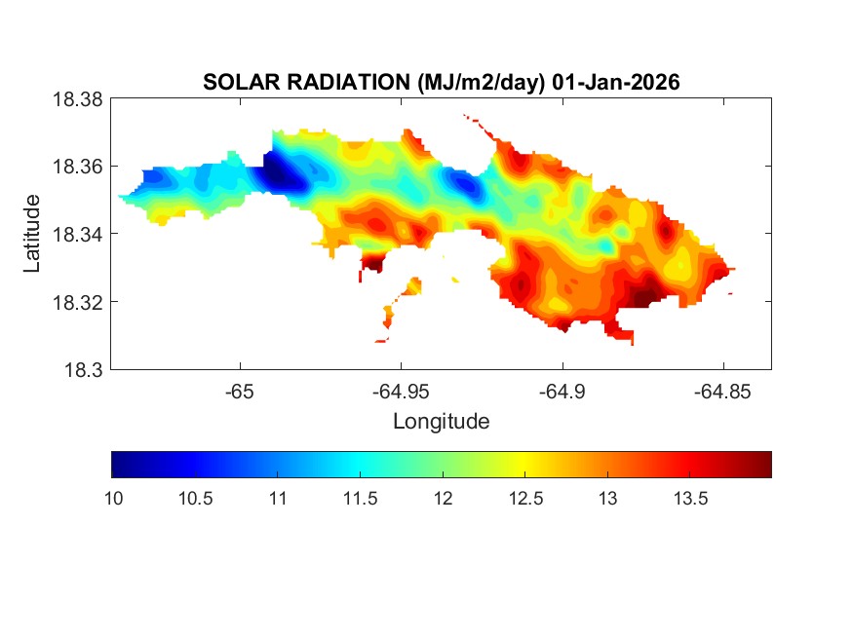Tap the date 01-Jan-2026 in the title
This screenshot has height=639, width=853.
(x=615, y=83)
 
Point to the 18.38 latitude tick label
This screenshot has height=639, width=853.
(x=77, y=98)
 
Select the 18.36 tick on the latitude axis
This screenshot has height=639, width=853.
(x=77, y=167)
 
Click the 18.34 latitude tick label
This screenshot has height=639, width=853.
(x=77, y=234)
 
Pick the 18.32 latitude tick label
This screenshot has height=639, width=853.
(x=77, y=302)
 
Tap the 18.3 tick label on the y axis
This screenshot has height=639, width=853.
(x=82, y=369)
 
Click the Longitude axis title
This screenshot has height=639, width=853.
(x=441, y=422)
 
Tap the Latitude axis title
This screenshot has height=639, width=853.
(x=33, y=234)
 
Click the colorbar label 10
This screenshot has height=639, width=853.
(x=112, y=499)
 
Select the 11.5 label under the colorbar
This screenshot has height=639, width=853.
(x=360, y=499)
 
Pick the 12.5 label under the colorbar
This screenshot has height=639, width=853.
(x=524, y=499)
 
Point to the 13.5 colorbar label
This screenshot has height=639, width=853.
(x=689, y=499)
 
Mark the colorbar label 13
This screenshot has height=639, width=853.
(x=607, y=499)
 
